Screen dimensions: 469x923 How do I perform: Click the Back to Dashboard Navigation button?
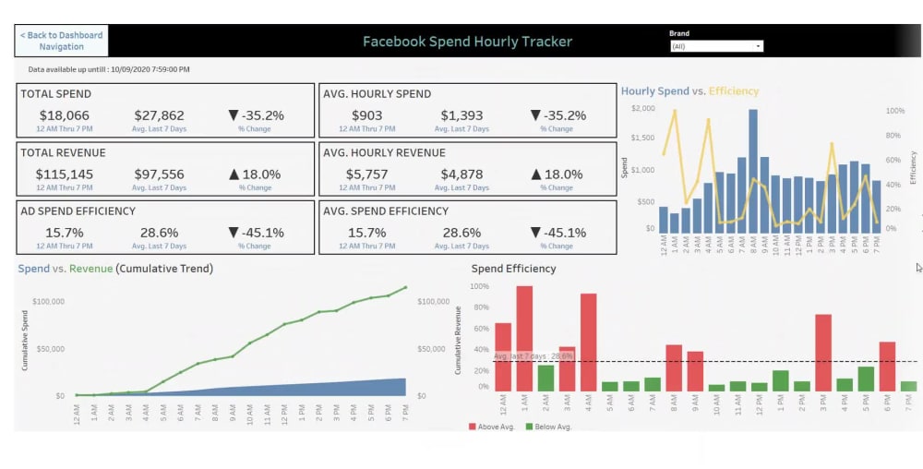(x=62, y=41)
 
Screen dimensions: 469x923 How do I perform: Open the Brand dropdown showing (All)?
(x=716, y=46)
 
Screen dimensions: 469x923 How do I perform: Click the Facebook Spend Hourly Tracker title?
(x=467, y=42)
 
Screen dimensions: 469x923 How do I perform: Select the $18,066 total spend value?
(x=65, y=115)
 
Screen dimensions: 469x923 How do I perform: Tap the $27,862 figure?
(x=159, y=115)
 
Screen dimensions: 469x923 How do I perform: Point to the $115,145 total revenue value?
(x=65, y=174)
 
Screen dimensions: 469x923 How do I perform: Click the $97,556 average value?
(x=159, y=174)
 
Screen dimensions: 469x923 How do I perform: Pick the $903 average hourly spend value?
(x=366, y=115)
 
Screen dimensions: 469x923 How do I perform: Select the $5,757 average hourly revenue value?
(x=366, y=174)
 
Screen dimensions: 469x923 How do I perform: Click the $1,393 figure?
(x=461, y=115)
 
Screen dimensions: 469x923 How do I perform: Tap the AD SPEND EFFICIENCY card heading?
(x=78, y=211)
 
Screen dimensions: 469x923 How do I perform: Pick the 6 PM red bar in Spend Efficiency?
(x=887, y=367)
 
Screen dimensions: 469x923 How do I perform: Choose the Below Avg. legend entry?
(x=549, y=427)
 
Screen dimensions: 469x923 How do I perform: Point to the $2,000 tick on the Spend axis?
(x=642, y=109)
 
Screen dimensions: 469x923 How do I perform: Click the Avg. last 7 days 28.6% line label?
(x=533, y=355)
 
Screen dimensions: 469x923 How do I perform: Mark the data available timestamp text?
(x=109, y=69)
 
